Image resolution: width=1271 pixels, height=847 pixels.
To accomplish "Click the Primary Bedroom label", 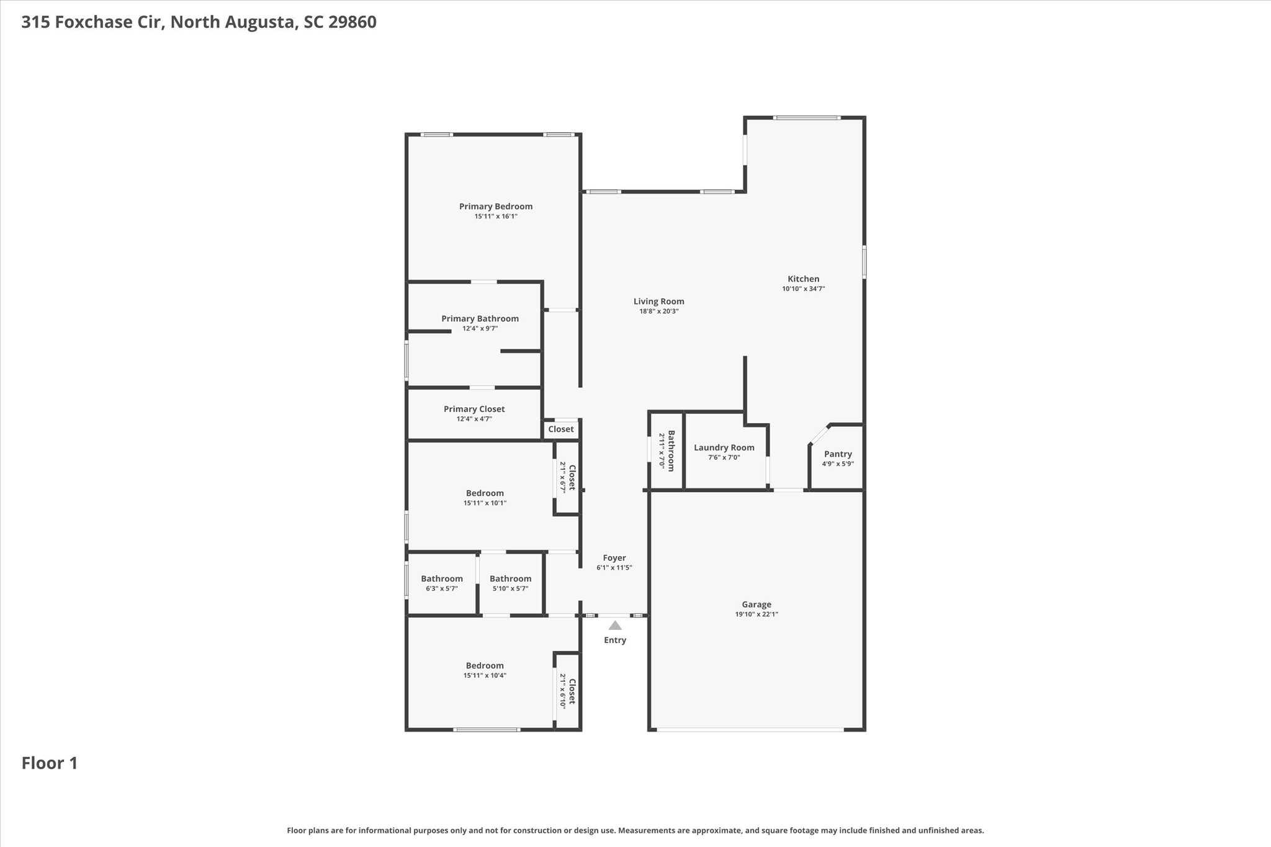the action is pyautogui.click(x=496, y=207).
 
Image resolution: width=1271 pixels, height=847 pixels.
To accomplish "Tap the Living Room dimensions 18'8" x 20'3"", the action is pyautogui.click(x=659, y=311).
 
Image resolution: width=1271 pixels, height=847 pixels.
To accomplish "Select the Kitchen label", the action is pyautogui.click(x=804, y=279).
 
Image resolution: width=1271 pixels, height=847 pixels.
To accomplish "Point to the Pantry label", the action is pyautogui.click(x=838, y=454).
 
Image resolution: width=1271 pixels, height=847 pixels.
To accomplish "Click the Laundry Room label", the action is pyautogui.click(x=724, y=448).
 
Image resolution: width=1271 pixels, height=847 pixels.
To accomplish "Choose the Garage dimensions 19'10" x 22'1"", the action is pyautogui.click(x=757, y=614).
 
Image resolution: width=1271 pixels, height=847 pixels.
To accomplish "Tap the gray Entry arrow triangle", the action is pyautogui.click(x=615, y=625).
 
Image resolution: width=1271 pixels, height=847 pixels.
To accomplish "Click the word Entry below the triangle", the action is pyautogui.click(x=615, y=640).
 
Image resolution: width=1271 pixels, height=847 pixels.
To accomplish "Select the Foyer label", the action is pyautogui.click(x=614, y=558).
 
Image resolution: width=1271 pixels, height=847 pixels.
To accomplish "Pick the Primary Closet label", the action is pyautogui.click(x=474, y=410).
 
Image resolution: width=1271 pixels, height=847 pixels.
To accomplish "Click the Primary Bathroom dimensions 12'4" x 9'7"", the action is pyautogui.click(x=480, y=328).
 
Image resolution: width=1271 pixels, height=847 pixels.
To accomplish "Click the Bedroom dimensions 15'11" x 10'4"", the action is pyautogui.click(x=485, y=676).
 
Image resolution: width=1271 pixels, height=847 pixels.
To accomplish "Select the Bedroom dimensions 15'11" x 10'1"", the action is pyautogui.click(x=485, y=503).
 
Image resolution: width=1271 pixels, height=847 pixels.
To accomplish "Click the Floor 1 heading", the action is pyautogui.click(x=50, y=763).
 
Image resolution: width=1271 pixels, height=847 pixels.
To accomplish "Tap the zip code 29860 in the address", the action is pyautogui.click(x=353, y=22).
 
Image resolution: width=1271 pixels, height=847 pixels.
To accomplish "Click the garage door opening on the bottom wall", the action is pyautogui.click(x=751, y=730).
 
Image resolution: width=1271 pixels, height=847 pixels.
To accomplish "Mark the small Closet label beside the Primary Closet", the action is pyautogui.click(x=561, y=429).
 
